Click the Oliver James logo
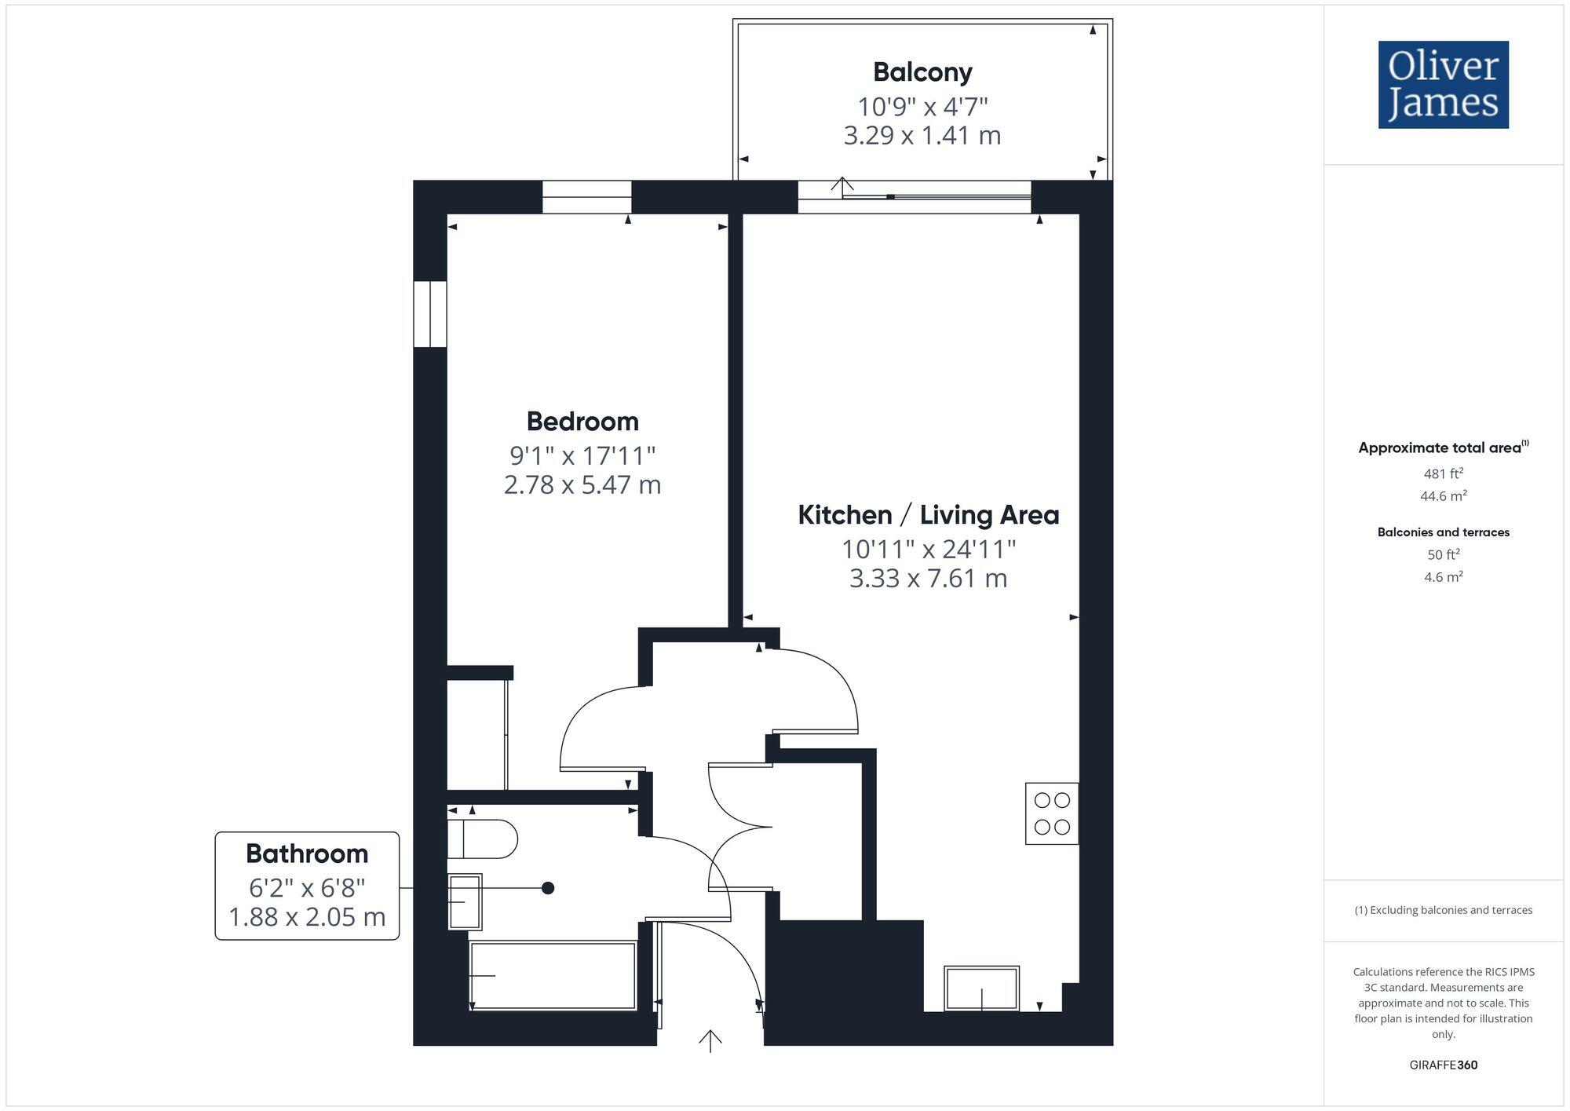point(1443,85)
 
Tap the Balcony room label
point(922,72)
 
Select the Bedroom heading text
point(582,422)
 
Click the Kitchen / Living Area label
point(928,515)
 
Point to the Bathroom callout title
point(307,853)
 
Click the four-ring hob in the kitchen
point(1052,813)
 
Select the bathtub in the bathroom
point(553,976)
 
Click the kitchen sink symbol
point(981,989)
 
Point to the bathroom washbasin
point(464,901)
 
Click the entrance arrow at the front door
point(710,1040)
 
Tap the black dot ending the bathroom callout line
point(548,888)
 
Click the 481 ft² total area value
point(1443,473)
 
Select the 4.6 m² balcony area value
point(1443,577)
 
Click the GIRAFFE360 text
point(1443,1065)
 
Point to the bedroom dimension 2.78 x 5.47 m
point(582,484)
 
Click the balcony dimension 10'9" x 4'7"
point(922,106)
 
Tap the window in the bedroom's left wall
point(430,314)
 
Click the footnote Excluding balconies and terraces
point(1443,910)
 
